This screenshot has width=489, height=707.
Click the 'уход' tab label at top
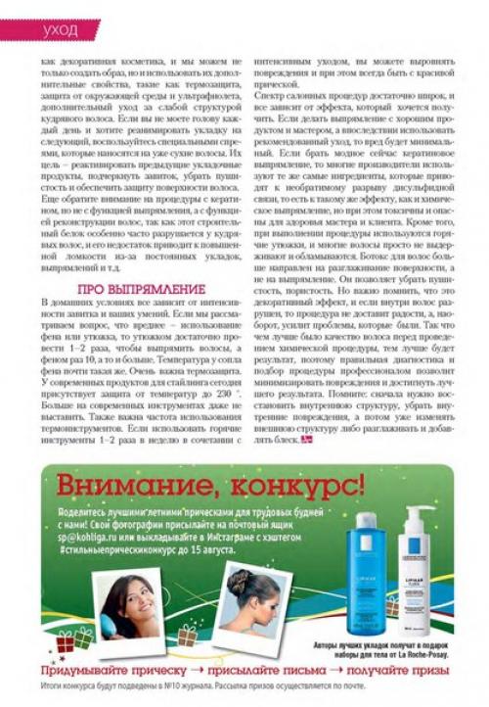61,30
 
